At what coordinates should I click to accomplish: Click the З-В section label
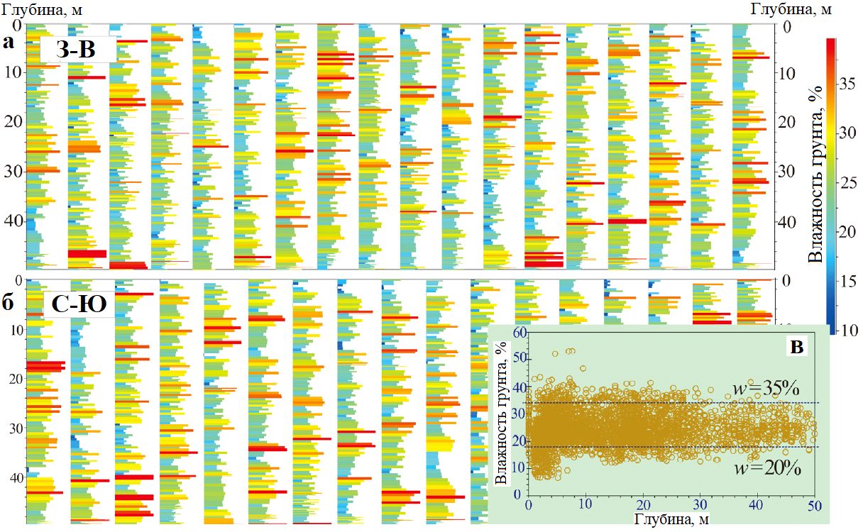click(77, 50)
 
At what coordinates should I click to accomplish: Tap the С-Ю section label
click(79, 304)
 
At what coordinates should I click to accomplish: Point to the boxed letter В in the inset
click(797, 347)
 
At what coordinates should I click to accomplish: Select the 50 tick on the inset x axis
click(815, 504)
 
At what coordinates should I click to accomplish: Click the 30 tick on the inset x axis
click(700, 504)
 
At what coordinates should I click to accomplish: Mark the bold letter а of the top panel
click(9, 43)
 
